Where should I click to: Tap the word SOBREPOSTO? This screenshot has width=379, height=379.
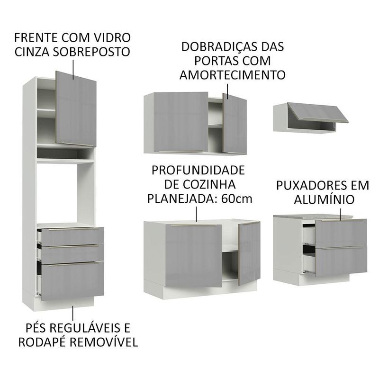(x=91, y=52)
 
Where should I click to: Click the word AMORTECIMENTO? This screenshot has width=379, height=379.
(x=232, y=75)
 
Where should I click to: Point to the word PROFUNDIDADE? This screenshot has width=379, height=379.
(x=198, y=171)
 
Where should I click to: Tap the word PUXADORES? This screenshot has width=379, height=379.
(x=310, y=186)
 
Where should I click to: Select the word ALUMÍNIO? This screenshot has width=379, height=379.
(x=324, y=200)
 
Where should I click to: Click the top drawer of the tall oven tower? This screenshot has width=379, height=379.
(x=72, y=236)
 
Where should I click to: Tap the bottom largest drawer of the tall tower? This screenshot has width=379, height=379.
(x=73, y=281)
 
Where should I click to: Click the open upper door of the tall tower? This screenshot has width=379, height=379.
(x=76, y=109)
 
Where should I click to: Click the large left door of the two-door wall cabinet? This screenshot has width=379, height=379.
(x=180, y=122)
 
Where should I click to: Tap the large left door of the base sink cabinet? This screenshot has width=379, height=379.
(x=194, y=255)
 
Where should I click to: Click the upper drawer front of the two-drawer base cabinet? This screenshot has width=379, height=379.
(x=341, y=233)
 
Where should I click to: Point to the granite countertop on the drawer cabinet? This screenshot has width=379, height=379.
(x=313, y=217)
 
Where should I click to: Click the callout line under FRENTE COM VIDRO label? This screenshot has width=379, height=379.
(x=73, y=70)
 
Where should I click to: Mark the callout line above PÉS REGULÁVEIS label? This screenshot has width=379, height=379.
(x=72, y=313)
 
